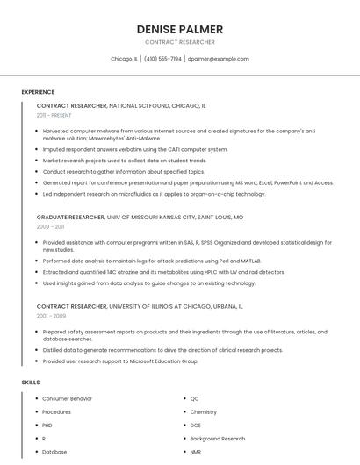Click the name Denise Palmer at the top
[x=179, y=29]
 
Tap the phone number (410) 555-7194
[x=162, y=59]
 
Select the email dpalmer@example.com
[x=219, y=59]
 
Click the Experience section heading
[x=38, y=92]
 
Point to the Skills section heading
[x=31, y=383]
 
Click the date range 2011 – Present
[x=54, y=115]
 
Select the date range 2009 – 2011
[x=50, y=226]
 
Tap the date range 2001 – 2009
[x=51, y=316]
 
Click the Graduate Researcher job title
[x=70, y=217]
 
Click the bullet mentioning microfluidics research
[x=154, y=194]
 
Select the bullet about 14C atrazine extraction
[x=163, y=272]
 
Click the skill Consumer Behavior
[x=67, y=398]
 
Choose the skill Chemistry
[x=203, y=411]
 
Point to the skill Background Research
[x=217, y=438]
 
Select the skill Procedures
[x=56, y=411]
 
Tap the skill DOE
[x=196, y=425]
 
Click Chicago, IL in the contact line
[x=124, y=59]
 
